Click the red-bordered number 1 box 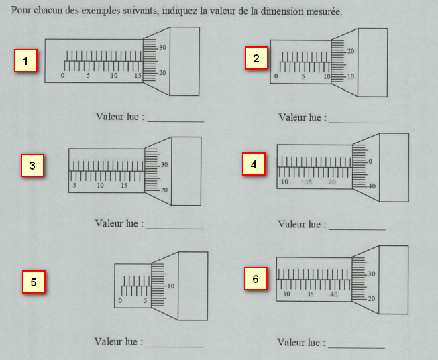25,60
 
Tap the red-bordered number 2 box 256,58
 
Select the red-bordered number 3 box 32,165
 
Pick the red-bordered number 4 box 254,164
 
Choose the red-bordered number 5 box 34,282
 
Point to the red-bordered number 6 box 256,278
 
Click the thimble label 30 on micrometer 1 162,48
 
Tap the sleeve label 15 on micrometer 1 138,76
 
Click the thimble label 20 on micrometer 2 351,51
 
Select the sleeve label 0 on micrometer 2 276,76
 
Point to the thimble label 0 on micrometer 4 370,162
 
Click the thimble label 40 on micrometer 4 372,186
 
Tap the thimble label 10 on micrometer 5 170,286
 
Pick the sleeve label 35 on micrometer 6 311,294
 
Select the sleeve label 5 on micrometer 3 74,186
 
